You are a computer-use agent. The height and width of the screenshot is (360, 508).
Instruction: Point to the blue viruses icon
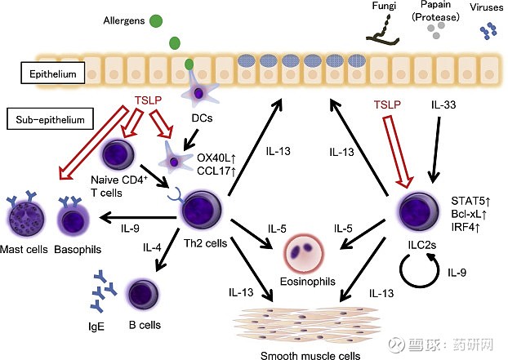pyautogui.click(x=488, y=32)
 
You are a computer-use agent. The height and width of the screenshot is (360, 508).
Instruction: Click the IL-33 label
pyautogui.click(x=444, y=106)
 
